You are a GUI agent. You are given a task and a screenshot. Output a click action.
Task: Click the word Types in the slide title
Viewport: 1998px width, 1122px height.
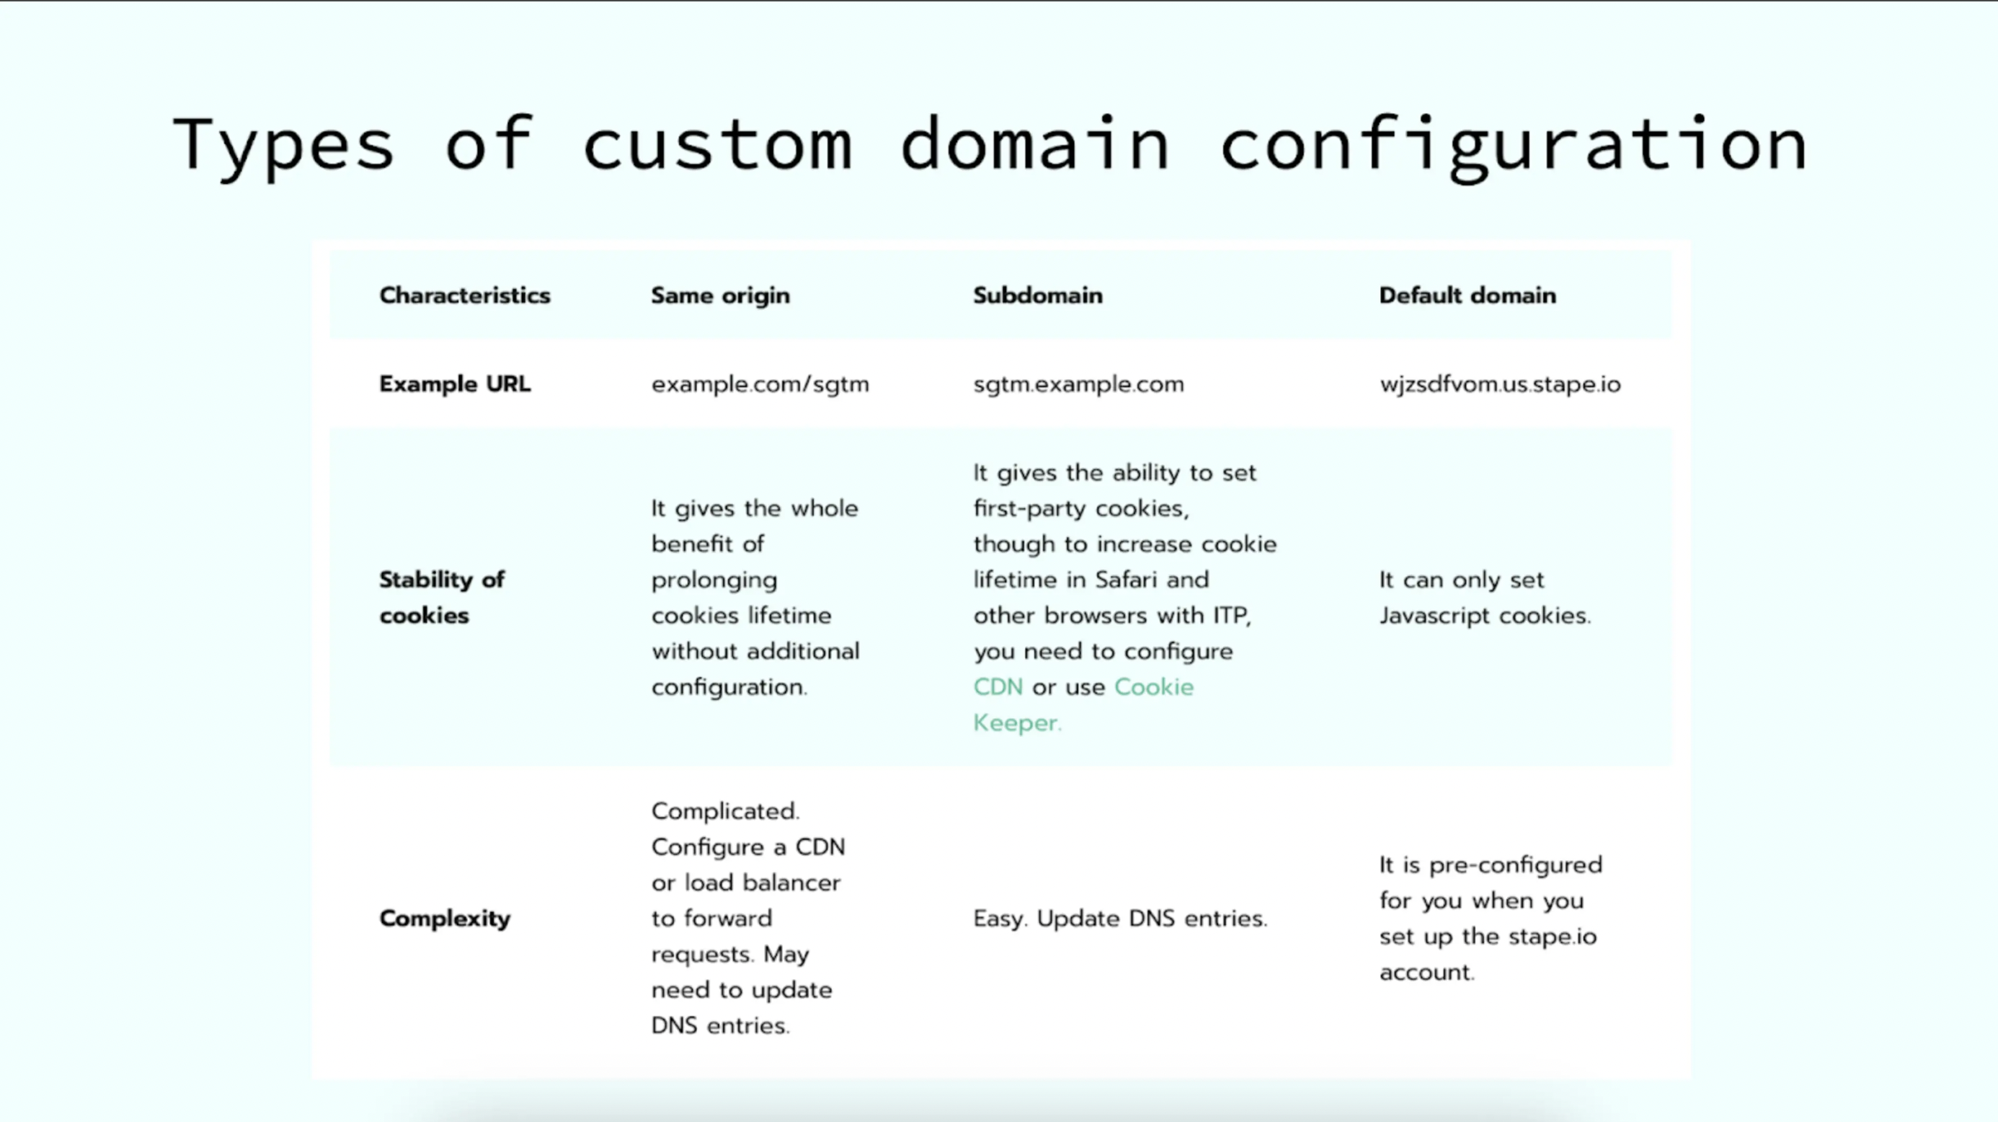click(283, 146)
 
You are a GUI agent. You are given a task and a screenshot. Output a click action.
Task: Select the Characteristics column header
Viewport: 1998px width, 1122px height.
click(465, 296)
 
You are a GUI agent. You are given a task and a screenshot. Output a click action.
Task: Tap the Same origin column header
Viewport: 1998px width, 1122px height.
click(721, 296)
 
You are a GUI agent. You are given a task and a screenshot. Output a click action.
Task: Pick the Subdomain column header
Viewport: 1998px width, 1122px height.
click(1038, 296)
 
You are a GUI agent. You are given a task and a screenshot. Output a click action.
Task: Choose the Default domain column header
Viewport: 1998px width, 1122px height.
click(1468, 296)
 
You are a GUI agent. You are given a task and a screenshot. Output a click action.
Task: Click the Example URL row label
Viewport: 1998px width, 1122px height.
click(456, 384)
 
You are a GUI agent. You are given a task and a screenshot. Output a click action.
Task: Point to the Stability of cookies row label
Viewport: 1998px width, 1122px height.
click(442, 598)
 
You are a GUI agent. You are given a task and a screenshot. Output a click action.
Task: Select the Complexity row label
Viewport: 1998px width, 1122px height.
click(445, 919)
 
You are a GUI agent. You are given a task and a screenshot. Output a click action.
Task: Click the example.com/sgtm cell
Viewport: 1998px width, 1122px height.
click(760, 384)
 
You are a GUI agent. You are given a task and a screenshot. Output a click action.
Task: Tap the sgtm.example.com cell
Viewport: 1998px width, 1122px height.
click(1079, 384)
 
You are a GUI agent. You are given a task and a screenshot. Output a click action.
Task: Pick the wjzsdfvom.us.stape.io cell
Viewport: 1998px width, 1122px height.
click(1500, 384)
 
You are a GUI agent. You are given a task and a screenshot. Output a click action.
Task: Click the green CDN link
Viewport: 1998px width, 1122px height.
click(998, 687)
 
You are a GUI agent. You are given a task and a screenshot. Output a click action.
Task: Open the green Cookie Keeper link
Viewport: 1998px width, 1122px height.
click(1083, 704)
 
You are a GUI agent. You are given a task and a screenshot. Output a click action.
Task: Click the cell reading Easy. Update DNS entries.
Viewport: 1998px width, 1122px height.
click(1120, 919)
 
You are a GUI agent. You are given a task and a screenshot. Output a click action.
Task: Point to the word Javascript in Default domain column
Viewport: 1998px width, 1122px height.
click(1435, 616)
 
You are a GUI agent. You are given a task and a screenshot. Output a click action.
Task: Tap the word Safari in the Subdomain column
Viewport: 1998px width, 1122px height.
click(1127, 580)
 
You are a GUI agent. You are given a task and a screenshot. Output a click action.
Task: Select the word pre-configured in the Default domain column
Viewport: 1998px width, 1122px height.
click(1516, 866)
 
